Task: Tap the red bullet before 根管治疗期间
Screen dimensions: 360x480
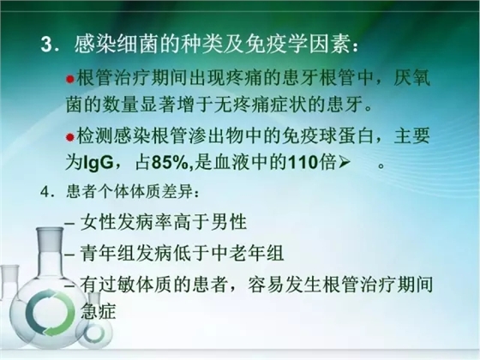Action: point(71,79)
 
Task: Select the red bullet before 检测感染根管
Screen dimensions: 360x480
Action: point(71,138)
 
